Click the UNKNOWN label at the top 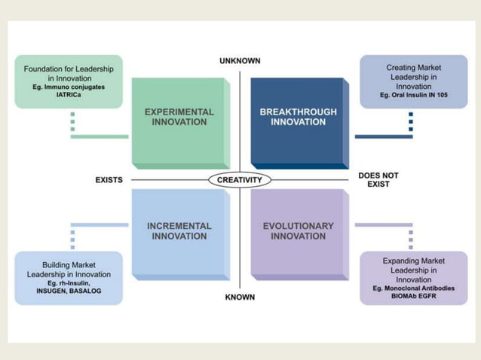click(240, 61)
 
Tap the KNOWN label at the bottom click(240, 297)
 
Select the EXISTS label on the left click(109, 180)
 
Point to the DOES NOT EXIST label click(378, 180)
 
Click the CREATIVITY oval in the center click(240, 180)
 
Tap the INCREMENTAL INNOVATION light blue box click(179, 232)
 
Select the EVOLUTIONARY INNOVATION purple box click(298, 232)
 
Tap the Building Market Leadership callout click(69, 278)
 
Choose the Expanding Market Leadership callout click(413, 278)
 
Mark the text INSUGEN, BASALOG click(69, 291)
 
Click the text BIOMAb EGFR click(413, 296)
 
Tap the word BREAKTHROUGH click(298, 112)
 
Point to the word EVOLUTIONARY click(298, 226)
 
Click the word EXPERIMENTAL click(179, 112)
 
